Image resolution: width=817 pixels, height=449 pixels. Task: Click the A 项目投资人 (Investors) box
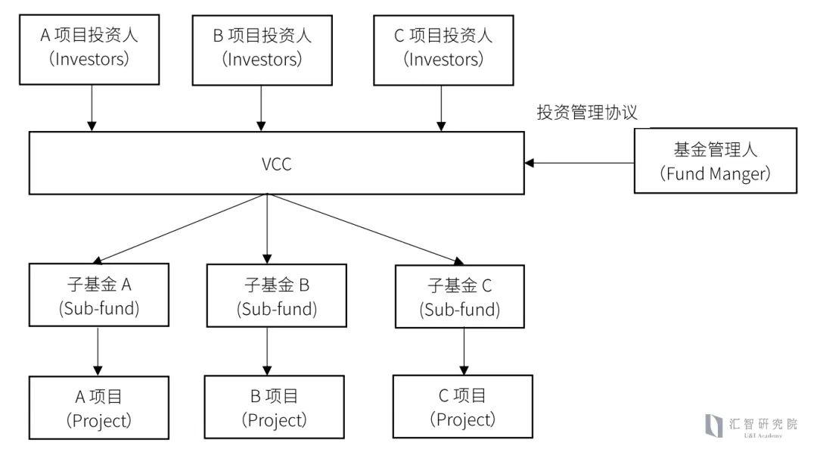point(89,47)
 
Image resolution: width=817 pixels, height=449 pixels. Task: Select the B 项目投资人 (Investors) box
point(261,47)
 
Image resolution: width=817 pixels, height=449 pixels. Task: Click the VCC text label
point(275,163)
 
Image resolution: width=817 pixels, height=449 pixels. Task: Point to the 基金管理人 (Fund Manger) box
point(715,161)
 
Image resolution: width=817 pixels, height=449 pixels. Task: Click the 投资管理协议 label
point(587,113)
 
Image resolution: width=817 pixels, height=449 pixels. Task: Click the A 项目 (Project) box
point(98,407)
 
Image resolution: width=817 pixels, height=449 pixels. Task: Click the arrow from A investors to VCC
point(92,106)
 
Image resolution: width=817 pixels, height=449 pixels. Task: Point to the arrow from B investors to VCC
point(261,106)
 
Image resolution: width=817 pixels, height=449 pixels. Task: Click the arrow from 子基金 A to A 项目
point(98,353)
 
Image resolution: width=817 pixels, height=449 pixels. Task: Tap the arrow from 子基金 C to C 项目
point(464,351)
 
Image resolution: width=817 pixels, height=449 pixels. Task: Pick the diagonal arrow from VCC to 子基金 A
point(182,227)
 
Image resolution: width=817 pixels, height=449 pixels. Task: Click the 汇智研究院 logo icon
point(713,426)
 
